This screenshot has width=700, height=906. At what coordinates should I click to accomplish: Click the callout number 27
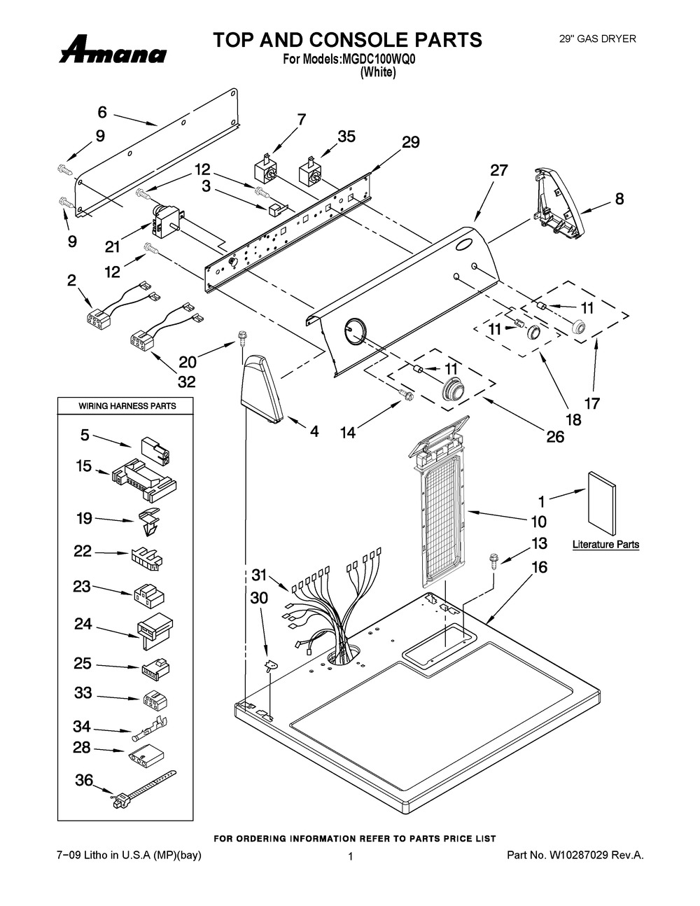(498, 170)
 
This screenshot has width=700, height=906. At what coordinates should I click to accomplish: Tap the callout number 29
(410, 142)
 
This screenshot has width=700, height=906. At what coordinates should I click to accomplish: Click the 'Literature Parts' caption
(605, 544)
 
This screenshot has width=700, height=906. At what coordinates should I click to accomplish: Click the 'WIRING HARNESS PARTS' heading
(127, 406)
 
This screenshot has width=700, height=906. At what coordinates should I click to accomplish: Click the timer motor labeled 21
(164, 218)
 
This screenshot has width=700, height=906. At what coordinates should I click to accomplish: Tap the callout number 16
(539, 567)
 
